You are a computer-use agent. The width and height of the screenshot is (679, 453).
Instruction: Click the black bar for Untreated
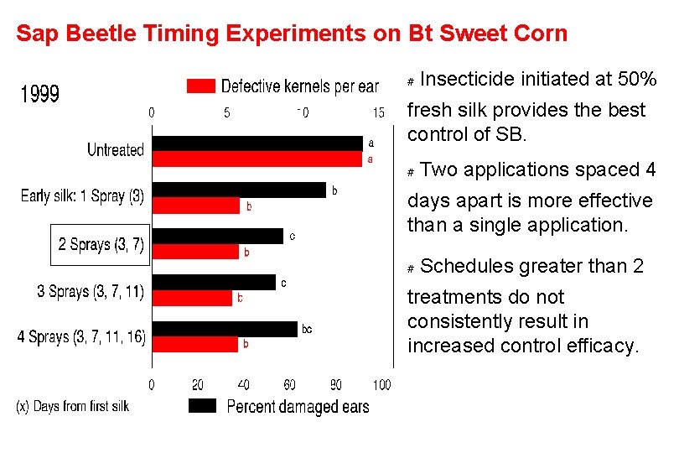pos(257,143)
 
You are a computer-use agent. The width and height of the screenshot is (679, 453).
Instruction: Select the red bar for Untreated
pos(257,159)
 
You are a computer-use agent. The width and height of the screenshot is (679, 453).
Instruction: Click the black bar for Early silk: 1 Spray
pos(239,190)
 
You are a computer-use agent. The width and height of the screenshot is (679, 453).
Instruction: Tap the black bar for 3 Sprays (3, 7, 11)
pos(214,283)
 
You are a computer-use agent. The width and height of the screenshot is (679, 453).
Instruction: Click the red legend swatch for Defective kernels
pos(201,86)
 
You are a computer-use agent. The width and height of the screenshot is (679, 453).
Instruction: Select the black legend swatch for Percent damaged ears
pos(204,406)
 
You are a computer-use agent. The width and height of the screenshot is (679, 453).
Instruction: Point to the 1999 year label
pos(40,93)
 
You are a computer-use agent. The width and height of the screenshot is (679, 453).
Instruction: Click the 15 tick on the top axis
pos(378,112)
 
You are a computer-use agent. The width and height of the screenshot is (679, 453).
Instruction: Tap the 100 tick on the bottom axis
pos(381,385)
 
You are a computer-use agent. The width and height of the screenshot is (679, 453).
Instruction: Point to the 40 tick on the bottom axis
pos(243,385)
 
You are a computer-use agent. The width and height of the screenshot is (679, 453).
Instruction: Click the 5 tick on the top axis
pos(227,112)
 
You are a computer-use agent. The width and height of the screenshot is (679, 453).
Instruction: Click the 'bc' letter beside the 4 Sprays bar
pos(307,330)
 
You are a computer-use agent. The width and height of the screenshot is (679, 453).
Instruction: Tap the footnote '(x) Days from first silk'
pos(73,406)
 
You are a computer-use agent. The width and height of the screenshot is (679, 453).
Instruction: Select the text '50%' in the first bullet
pos(636,80)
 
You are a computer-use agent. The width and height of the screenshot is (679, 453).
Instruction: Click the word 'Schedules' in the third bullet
pos(466,267)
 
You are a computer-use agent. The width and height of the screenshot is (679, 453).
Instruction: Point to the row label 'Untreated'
pos(116,150)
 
